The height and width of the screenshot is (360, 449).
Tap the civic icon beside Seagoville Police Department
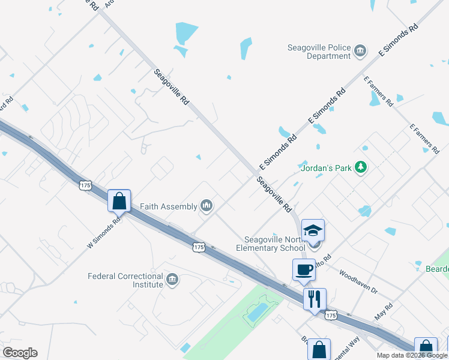pos(360,50)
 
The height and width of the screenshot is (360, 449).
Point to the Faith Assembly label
pos(169,206)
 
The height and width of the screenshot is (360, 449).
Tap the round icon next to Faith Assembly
pos(207,206)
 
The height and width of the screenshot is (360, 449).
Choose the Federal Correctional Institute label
pos(125,280)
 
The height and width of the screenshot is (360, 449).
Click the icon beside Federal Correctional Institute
pos(172,280)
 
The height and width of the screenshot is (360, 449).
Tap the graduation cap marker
pos(312,230)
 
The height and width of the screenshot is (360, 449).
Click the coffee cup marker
pos(304,269)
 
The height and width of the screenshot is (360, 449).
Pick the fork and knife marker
pos(315,298)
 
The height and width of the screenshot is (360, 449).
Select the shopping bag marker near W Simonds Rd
pos(119,200)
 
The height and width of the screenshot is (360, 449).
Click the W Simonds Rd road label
pos(104,232)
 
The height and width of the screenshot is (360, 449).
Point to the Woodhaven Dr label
pos(358,281)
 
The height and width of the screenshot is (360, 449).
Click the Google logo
pos(20,353)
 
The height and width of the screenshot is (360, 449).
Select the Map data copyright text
pos(412,355)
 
